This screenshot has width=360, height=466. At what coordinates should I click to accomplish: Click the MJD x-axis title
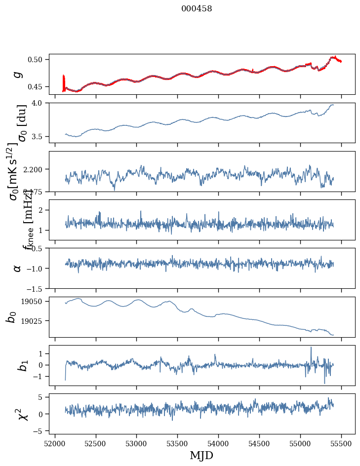(x=201, y=455)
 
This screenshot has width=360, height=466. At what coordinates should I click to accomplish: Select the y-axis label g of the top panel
(x=17, y=74)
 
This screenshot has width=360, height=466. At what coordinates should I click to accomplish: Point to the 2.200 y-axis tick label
(x=36, y=169)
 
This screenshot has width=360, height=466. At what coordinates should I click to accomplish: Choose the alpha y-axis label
(x=17, y=268)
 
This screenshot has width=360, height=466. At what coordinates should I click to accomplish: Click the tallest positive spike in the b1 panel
(x=311, y=348)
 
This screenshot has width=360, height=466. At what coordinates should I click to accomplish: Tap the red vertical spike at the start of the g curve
(x=64, y=81)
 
